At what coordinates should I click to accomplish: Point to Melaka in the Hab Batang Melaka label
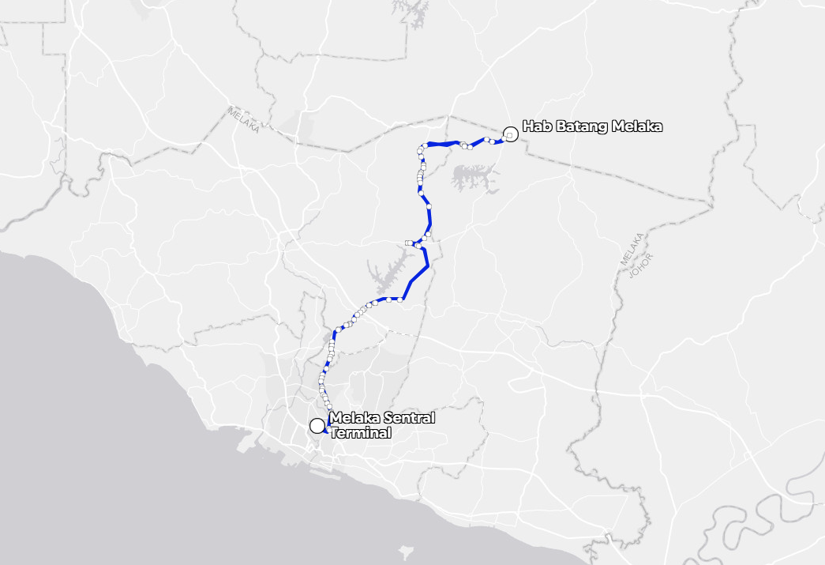tap(633, 126)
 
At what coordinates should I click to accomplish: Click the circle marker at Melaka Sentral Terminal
tap(317, 426)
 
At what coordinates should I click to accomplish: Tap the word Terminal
tap(361, 433)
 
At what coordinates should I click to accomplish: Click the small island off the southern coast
tap(407, 550)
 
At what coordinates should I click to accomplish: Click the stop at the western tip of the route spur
tap(407, 243)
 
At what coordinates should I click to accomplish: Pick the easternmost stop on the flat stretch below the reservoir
tap(401, 299)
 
